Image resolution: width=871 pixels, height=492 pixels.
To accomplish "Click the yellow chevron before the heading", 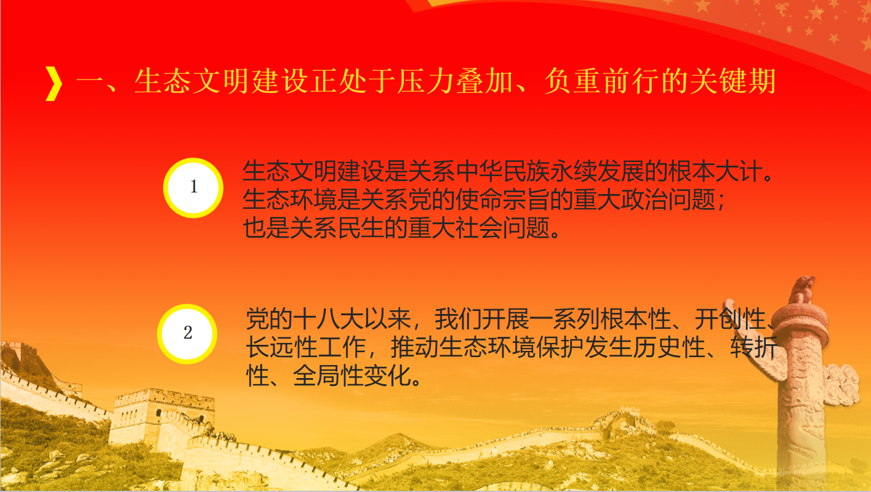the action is (x=54, y=84).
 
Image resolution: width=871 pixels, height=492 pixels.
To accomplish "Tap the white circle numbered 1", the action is (x=193, y=188).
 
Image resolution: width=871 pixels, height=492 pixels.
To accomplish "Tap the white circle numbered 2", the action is (x=187, y=334).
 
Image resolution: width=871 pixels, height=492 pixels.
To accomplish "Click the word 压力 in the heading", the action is (x=426, y=81).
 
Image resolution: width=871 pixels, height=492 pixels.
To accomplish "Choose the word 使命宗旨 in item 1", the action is (x=502, y=200).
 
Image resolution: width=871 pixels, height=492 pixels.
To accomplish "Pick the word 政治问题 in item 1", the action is (x=668, y=200).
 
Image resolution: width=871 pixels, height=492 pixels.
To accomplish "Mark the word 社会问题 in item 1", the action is (x=502, y=228).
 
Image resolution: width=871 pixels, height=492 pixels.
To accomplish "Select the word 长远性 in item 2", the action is (x=281, y=347).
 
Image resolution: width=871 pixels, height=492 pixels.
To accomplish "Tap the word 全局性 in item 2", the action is (x=329, y=376).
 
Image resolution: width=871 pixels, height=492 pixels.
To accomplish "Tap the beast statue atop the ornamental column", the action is (x=802, y=290).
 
